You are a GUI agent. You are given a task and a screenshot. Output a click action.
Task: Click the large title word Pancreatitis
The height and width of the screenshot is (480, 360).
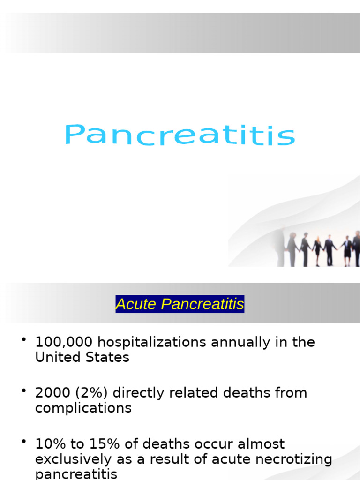[x=180, y=135]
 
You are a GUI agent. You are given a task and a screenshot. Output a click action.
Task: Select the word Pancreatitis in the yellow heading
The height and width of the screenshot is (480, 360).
[x=202, y=304]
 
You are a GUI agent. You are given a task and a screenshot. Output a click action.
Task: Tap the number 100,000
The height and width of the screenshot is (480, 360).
[x=64, y=342]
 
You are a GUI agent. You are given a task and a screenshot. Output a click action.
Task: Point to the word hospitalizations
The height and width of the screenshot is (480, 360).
[x=152, y=342]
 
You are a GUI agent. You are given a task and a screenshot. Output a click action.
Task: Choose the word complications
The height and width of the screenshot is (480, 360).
[x=83, y=408]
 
